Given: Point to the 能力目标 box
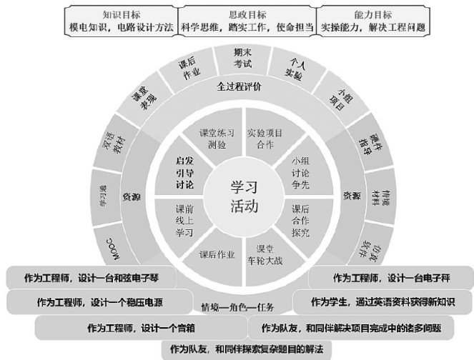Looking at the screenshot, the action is coord(372,20).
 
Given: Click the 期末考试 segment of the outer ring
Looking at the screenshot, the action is coord(243,58).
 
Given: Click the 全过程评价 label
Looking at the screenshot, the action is coord(240,86).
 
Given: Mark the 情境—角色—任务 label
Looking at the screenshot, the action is coord(238,308).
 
